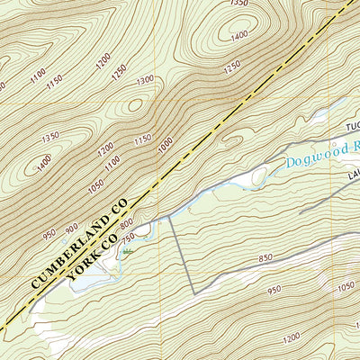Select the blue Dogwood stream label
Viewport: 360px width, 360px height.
311,157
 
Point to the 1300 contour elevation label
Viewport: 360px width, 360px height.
144,80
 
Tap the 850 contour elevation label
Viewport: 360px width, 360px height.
265,258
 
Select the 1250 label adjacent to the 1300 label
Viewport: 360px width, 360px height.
119,72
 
